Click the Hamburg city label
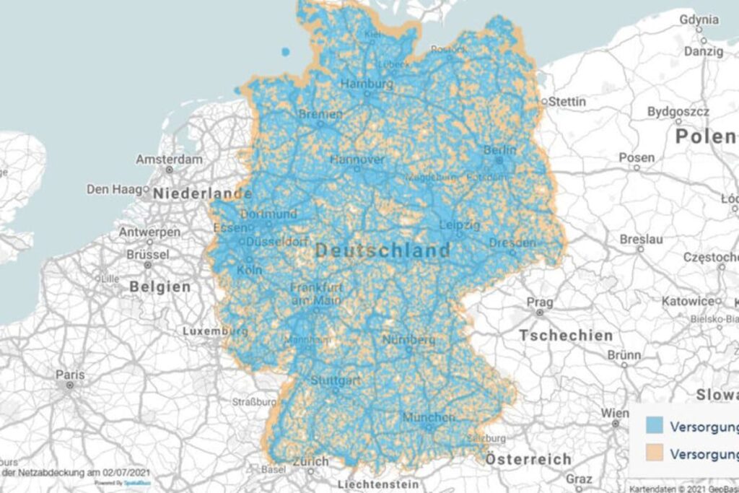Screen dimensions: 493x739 [x=367, y=84]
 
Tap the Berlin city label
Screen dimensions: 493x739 [x=500, y=150]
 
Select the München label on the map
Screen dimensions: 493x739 [x=429, y=418]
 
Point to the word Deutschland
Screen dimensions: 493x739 [x=382, y=251]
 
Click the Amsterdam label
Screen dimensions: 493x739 [x=169, y=159]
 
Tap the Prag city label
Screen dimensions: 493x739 [x=539, y=301]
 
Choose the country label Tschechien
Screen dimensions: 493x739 [x=566, y=336]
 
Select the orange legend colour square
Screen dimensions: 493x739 [x=655, y=453]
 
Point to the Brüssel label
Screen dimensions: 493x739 [x=147, y=255]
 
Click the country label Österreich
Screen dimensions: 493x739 [x=528, y=459]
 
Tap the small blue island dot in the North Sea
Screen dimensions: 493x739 [x=285, y=51]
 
